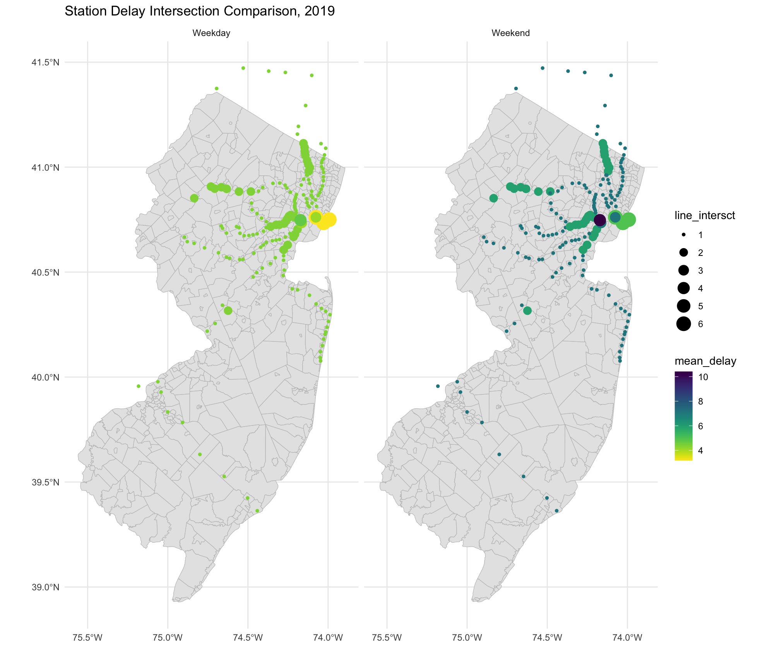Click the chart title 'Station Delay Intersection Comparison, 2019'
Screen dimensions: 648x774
(x=199, y=11)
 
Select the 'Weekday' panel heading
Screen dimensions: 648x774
(x=211, y=33)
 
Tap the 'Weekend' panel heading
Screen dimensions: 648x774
(x=510, y=33)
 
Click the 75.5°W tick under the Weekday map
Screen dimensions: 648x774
(x=87, y=638)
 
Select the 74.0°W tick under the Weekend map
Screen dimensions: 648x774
(x=627, y=638)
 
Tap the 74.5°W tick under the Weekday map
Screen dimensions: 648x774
(x=248, y=638)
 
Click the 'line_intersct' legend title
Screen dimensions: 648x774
(x=705, y=216)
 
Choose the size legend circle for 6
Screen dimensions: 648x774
(x=684, y=324)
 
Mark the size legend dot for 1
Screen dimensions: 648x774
(x=684, y=235)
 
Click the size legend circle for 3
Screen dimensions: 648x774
(x=684, y=271)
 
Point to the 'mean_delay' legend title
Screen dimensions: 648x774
(x=705, y=361)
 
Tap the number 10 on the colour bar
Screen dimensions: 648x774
(x=703, y=377)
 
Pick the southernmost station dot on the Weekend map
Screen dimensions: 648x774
(x=557, y=511)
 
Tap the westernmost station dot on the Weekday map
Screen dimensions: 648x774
(x=138, y=386)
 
